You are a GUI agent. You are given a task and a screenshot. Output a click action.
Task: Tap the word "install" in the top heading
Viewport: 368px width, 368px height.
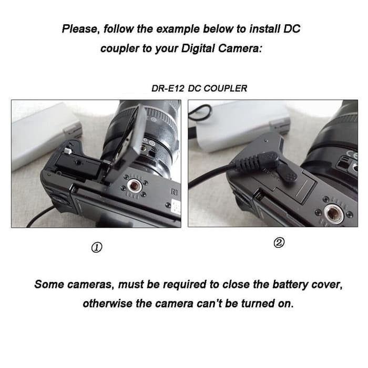(264, 29)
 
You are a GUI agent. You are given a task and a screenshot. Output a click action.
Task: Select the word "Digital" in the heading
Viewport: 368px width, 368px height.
(198, 48)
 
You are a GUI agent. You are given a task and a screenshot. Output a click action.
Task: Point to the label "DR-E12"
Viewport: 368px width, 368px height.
(168, 88)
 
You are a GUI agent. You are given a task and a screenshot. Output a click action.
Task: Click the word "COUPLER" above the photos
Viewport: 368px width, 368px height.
(226, 88)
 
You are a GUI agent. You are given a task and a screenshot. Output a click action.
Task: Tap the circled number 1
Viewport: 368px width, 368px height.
(97, 248)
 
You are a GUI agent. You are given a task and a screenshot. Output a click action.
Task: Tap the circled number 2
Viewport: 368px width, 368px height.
(279, 243)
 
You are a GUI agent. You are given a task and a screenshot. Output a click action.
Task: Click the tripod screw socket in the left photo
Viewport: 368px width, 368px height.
(134, 186)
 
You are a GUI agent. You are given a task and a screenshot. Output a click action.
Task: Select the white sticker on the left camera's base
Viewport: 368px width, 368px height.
(176, 207)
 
